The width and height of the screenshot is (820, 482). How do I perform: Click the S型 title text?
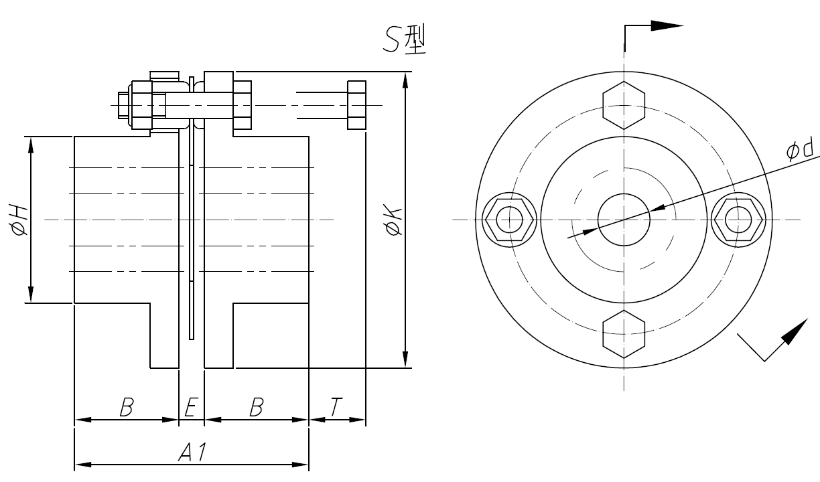coord(406,41)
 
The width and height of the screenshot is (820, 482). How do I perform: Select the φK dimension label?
coord(394,220)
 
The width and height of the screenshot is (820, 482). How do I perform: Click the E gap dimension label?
coord(190,407)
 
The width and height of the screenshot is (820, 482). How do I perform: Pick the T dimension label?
coord(336,407)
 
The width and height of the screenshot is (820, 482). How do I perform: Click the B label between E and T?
coord(256,407)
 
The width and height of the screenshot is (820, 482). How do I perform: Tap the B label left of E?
coord(125,407)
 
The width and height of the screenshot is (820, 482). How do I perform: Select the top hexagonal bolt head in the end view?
coord(624,105)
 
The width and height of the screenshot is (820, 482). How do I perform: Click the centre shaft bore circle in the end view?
coord(624,220)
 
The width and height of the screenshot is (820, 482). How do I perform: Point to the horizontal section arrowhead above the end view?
coord(666,25)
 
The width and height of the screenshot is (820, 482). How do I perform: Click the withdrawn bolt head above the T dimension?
coord(356,105)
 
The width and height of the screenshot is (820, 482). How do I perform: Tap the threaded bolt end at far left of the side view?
coord(123,105)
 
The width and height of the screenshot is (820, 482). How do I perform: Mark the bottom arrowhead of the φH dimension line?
coord(31,295)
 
